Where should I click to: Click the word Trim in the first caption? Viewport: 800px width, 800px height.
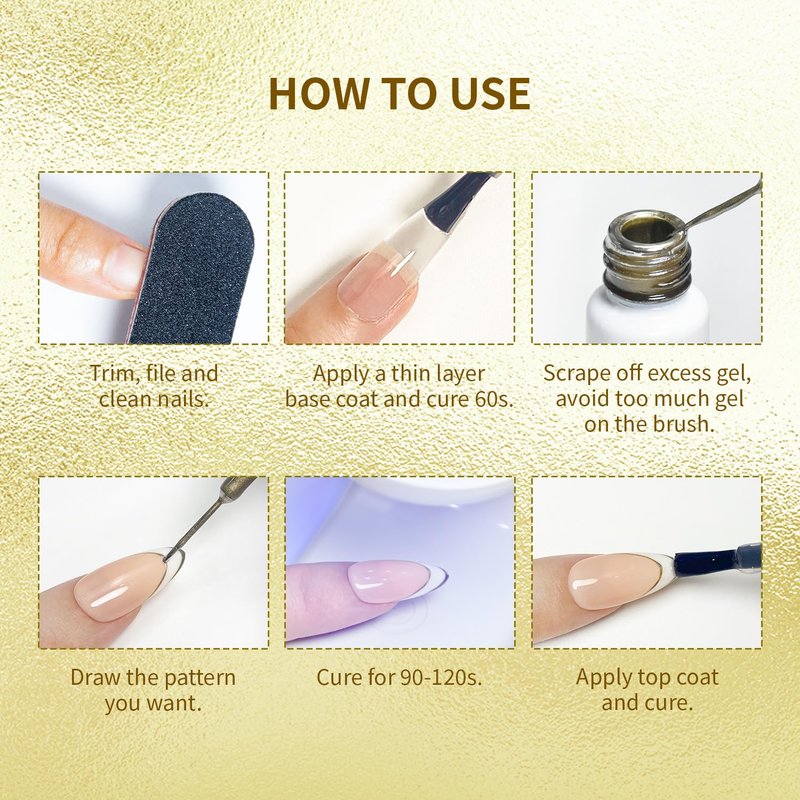click(x=114, y=373)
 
